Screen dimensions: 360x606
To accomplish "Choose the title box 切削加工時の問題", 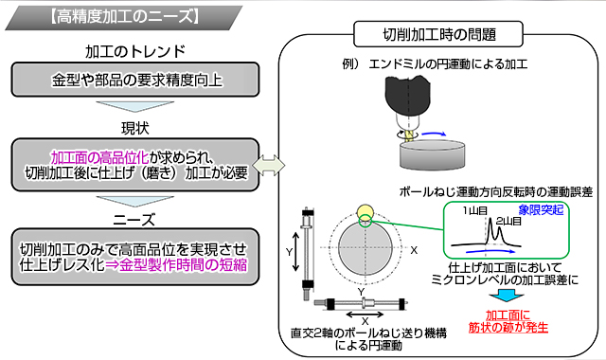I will point(438,35).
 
